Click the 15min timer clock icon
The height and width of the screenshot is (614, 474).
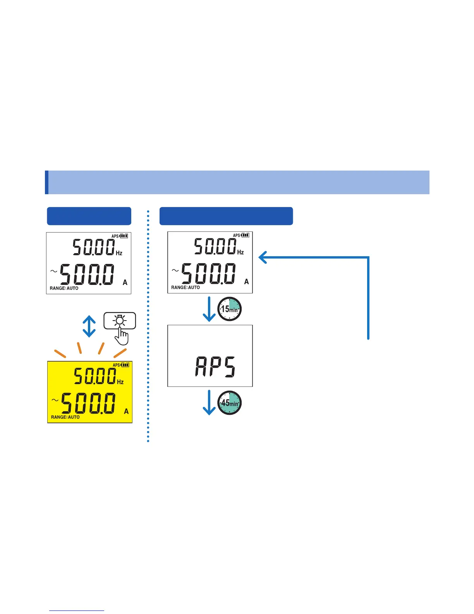click(229, 309)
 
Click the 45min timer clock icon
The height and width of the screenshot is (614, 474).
click(229, 403)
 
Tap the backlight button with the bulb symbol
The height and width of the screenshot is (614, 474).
click(120, 321)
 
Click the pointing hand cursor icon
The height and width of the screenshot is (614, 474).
click(122, 336)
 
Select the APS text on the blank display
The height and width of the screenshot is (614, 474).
click(215, 367)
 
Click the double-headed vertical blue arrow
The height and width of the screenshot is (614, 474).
click(89, 326)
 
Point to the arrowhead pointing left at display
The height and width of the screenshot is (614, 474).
click(263, 257)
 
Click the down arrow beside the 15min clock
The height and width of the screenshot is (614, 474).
click(209, 309)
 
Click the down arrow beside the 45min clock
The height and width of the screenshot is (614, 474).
click(209, 403)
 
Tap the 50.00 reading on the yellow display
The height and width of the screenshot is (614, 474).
click(95, 376)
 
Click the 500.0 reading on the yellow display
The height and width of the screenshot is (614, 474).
click(88, 403)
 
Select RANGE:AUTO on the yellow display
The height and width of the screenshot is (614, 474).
click(65, 417)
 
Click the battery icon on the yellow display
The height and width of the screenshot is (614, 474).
click(125, 365)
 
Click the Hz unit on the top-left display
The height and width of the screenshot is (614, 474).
click(119, 253)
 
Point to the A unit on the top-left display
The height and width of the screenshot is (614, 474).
click(125, 283)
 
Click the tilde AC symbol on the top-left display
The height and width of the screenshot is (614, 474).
click(54, 271)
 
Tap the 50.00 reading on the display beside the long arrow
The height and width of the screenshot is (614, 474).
click(215, 246)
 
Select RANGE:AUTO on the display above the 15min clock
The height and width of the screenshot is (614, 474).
click(185, 288)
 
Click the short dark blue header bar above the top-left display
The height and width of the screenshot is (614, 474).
click(89, 216)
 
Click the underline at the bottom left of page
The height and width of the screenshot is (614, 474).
click(77, 611)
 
